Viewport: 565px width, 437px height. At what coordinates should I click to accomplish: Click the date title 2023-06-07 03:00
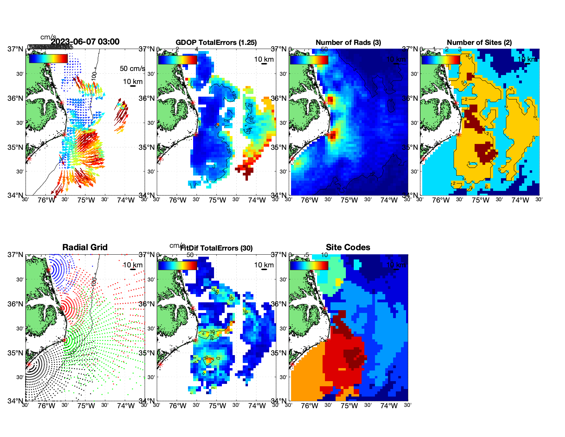point(85,42)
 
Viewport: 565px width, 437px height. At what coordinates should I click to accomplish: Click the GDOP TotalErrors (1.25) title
point(216,43)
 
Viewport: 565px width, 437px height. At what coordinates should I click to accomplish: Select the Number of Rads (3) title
point(348,43)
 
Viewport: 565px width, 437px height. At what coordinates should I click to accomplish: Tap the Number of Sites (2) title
point(479,43)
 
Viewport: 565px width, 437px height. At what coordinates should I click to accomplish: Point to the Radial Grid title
point(85,247)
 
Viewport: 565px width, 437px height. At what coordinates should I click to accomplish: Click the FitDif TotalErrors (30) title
point(216,248)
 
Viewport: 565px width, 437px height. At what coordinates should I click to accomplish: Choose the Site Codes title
point(348,247)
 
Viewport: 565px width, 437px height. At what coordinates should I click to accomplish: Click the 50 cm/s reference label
point(132,69)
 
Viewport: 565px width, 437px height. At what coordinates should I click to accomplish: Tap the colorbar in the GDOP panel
point(177,60)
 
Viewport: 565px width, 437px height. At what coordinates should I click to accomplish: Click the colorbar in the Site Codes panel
point(309,266)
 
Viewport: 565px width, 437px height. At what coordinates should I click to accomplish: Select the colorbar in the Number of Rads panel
point(309,60)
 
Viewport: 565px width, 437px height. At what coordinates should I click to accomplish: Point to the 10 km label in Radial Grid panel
point(133,265)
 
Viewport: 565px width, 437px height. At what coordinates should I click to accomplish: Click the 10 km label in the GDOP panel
point(264,59)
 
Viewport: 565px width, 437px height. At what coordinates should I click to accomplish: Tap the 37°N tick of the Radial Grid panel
point(15,255)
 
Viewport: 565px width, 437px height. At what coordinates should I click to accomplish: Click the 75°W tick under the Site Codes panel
point(349,406)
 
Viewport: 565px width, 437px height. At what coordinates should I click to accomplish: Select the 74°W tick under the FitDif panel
point(257,406)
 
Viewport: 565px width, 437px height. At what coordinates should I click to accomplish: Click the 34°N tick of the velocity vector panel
point(15,195)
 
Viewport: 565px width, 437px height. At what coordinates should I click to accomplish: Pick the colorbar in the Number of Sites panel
point(440,60)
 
